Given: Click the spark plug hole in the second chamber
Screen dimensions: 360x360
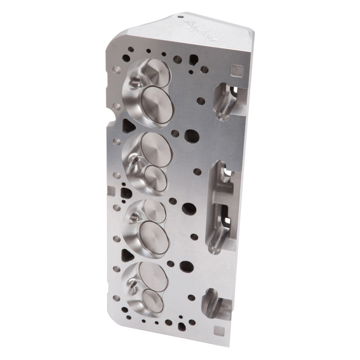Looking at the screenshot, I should pyautogui.click(x=133, y=160).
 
